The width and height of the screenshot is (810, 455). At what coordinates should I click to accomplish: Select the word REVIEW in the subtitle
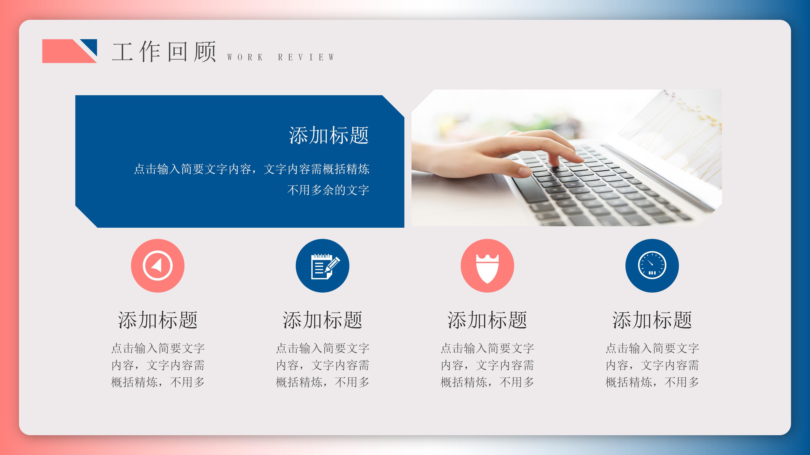[306, 57]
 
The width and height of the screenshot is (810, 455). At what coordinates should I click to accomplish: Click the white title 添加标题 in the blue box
[329, 136]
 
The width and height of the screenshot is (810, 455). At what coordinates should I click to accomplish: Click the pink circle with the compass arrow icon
[158, 266]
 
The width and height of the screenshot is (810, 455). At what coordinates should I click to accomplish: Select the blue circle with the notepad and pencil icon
[322, 266]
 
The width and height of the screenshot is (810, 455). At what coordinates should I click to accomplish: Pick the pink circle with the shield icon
[487, 266]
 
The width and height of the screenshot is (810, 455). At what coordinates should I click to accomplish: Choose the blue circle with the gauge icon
[652, 266]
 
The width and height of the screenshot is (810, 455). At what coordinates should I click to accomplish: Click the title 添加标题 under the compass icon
[158, 320]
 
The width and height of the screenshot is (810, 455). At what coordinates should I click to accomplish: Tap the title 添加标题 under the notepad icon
[322, 320]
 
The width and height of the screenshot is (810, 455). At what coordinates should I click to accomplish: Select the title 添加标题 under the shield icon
[487, 320]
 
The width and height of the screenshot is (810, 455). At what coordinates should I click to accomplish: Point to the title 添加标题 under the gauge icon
[652, 320]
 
